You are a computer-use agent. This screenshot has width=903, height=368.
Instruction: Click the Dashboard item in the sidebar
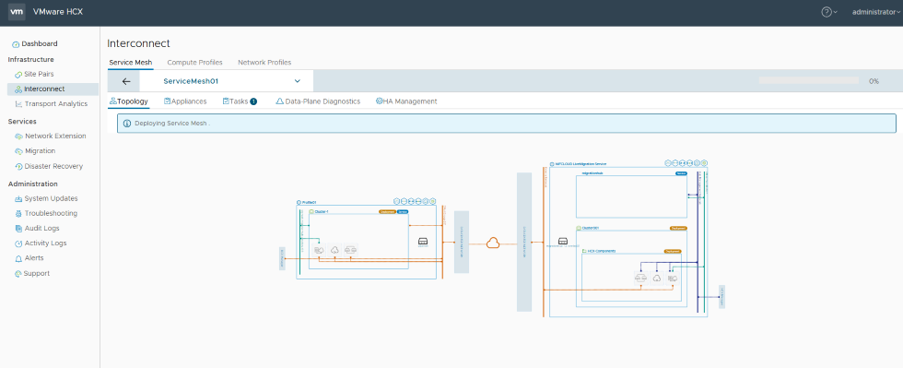40,43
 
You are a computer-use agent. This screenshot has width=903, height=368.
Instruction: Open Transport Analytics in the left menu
55,103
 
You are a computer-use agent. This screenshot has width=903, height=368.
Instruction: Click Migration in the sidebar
40,150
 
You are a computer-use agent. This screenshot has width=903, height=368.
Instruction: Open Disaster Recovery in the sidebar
53,166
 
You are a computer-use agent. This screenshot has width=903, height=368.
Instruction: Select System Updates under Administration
51,198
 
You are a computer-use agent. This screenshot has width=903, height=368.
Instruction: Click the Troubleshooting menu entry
51,213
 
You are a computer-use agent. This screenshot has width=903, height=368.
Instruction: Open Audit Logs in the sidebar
41,228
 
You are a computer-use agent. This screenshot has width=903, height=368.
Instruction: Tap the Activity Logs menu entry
45,243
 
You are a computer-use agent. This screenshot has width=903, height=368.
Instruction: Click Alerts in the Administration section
34,258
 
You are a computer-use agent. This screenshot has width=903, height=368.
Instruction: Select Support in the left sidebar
37,273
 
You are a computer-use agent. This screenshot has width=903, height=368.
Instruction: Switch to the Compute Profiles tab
194,63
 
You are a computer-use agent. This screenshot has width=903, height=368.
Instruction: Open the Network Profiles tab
264,63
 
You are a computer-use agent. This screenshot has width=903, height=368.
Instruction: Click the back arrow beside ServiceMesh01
126,81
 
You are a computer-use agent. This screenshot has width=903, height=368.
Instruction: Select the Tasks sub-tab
239,101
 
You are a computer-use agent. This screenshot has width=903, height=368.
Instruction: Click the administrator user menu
874,12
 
